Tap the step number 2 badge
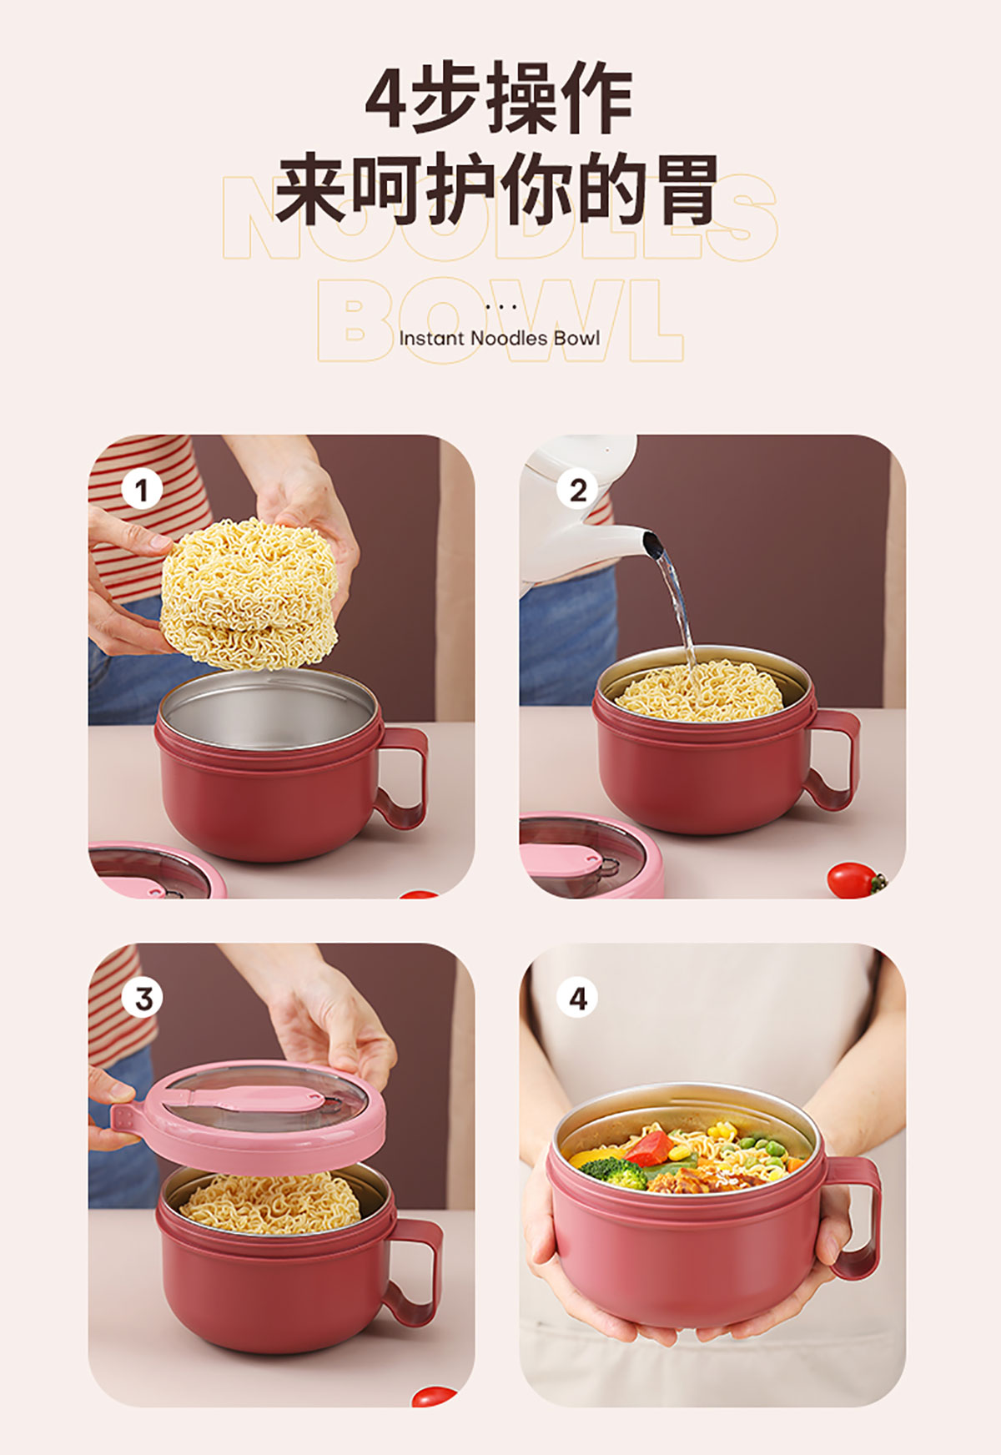pos(577,490)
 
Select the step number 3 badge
pos(143,998)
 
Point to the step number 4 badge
pos(577,998)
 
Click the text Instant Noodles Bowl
pos(499,338)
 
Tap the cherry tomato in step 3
pos(434,1397)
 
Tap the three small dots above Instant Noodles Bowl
pos(500,307)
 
